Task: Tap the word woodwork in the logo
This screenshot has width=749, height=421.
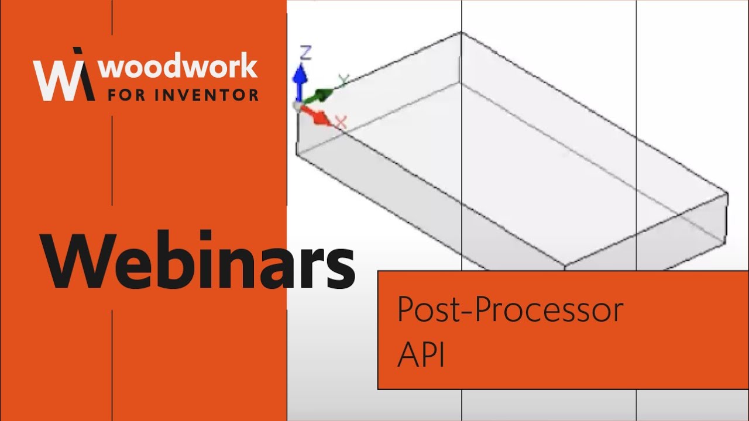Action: (178, 68)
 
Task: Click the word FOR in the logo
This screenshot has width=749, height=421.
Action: (126, 94)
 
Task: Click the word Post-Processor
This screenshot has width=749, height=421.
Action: (510, 310)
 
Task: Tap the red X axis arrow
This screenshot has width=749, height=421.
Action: (318, 117)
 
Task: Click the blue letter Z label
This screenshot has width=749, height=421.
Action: (305, 53)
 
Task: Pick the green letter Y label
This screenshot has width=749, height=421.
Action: (343, 80)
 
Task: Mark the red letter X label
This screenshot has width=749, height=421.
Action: (341, 122)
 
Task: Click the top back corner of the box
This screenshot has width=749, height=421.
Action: (461, 32)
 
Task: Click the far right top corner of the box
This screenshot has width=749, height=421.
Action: (727, 193)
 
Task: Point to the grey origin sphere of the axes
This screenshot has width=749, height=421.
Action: (298, 105)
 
